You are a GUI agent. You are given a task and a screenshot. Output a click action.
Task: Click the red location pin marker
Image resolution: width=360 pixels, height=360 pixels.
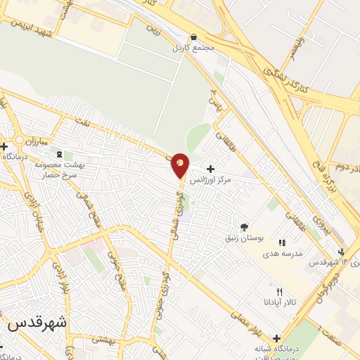pyautogui.click(x=180, y=165)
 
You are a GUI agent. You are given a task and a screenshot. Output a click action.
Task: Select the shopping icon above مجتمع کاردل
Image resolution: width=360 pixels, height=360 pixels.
pyautogui.click(x=194, y=37)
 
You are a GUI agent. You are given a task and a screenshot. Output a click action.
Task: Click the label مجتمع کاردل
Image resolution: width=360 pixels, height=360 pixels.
pyautogui.click(x=191, y=49)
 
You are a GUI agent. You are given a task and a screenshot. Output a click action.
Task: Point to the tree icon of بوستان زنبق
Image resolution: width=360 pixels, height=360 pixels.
pyautogui.click(x=244, y=226)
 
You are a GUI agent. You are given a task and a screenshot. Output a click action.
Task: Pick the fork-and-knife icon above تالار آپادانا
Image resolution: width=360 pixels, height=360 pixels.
pyautogui.click(x=280, y=291)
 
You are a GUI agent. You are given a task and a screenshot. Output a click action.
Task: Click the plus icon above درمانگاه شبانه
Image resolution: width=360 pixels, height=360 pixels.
pyautogui.click(x=276, y=338)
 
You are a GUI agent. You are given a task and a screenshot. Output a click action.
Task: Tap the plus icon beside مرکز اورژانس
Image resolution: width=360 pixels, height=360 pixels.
pyautogui.click(x=210, y=169)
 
